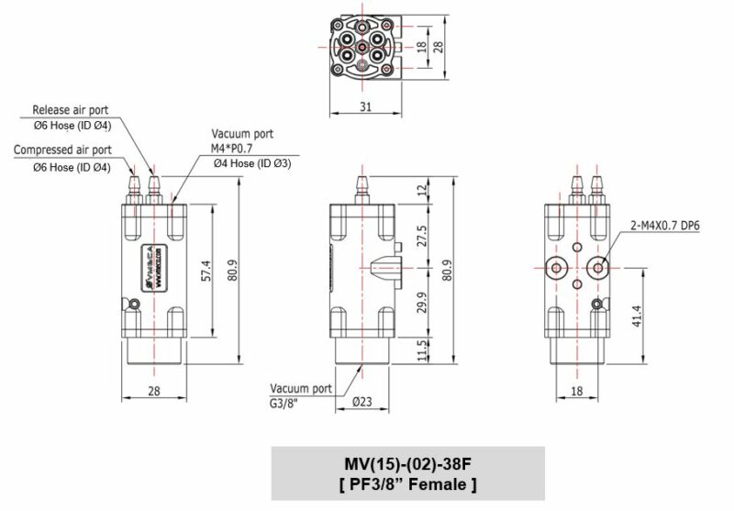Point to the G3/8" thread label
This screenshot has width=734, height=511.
pyautogui.click(x=288, y=401)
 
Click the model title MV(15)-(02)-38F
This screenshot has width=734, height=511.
pyautogui.click(x=407, y=462)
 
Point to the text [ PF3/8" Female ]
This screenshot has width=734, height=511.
pyautogui.click(x=407, y=483)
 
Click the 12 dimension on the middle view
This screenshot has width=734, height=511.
pyautogui.click(x=422, y=189)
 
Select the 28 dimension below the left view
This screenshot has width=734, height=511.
pyautogui.click(x=153, y=392)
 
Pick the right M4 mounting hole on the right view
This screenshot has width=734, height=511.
pyautogui.click(x=599, y=267)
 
